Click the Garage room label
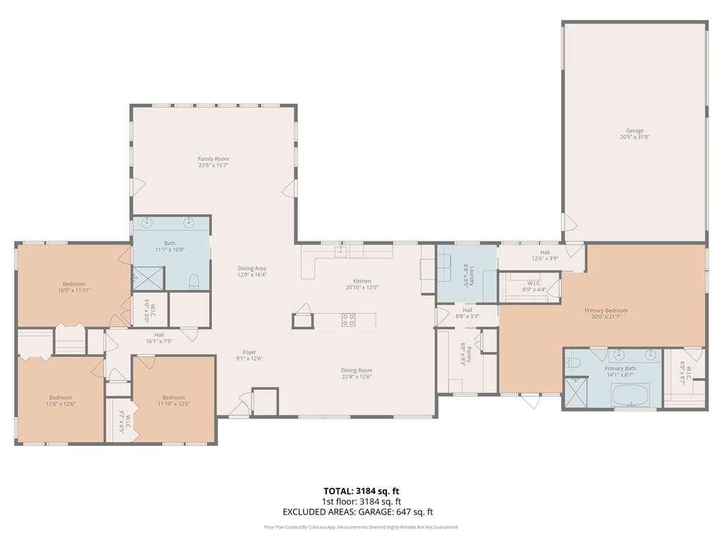click(x=634, y=133)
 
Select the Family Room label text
click(x=213, y=162)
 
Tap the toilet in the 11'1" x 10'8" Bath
click(x=195, y=283)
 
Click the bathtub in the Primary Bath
click(x=630, y=395)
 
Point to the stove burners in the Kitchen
click(x=348, y=320)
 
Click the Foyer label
click(x=249, y=356)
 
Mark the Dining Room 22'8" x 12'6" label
click(x=357, y=374)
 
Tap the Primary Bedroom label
click(x=606, y=313)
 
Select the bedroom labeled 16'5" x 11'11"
click(x=74, y=287)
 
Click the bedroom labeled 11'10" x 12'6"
click(x=174, y=400)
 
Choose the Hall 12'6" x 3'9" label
click(x=545, y=255)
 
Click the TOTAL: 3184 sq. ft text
click(x=361, y=490)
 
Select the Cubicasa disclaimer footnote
click(x=361, y=527)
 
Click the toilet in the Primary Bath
click(x=574, y=364)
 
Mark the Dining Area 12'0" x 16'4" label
click(x=251, y=272)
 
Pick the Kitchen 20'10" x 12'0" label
click(x=362, y=284)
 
